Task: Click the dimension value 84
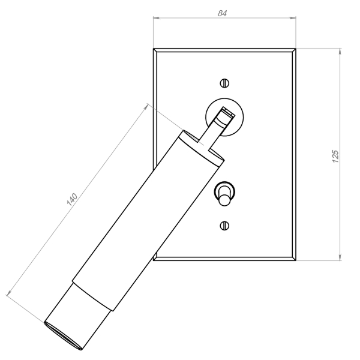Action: click(222, 13)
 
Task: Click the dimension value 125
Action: click(335, 157)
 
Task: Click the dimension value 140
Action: click(72, 199)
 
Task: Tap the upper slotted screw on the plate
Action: click(224, 83)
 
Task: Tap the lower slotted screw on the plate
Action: click(224, 226)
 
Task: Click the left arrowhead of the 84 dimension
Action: click(157, 17)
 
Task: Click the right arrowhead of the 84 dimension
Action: click(293, 17)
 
